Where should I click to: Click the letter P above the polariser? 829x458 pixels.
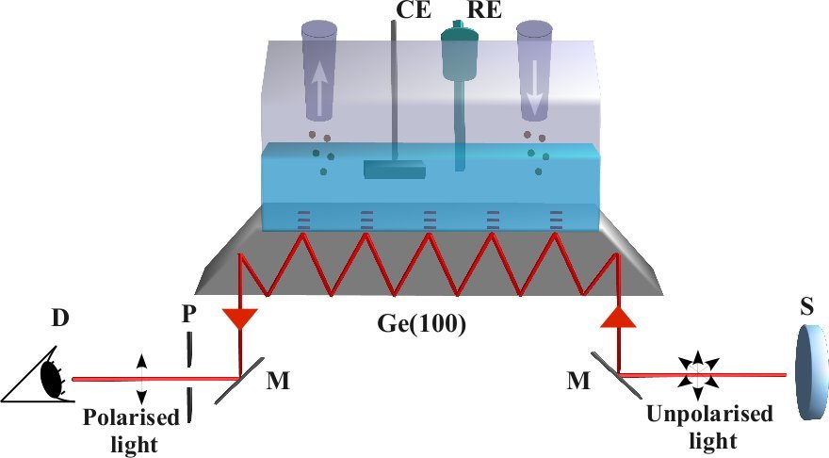[x=188, y=314]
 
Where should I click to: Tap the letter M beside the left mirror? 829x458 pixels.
[x=279, y=380]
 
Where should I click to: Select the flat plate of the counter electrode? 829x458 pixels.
[x=394, y=171]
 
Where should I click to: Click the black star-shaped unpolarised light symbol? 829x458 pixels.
[x=698, y=374]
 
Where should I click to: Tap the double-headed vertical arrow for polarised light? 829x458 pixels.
[x=141, y=378]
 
